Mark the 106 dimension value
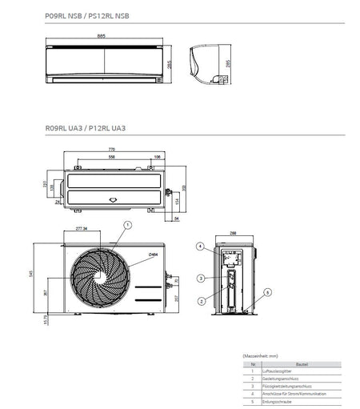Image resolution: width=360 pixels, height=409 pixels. click(x=158, y=158)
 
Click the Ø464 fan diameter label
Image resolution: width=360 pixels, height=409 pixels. click(x=153, y=253)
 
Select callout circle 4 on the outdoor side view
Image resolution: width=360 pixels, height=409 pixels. click(x=199, y=247)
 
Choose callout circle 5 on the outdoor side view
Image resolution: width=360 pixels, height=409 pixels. click(x=267, y=292)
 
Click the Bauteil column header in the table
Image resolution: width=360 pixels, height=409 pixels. click(x=302, y=363)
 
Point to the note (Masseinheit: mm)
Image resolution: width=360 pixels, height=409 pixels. click(x=261, y=354)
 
